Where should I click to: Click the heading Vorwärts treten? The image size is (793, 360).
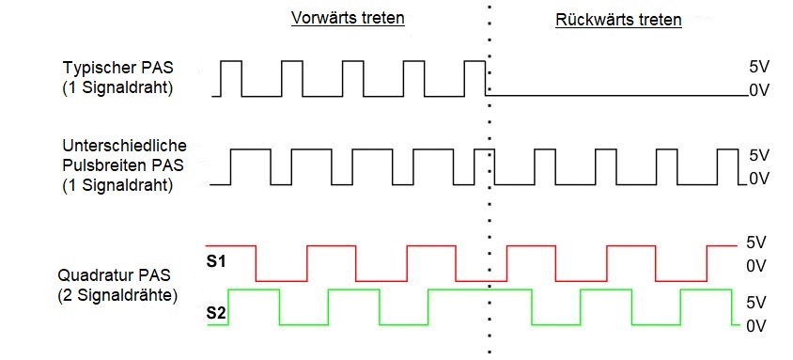(347, 18)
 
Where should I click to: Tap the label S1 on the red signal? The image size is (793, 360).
(216, 259)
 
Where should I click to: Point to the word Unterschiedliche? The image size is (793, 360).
(125, 147)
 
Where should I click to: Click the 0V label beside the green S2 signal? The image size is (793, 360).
(757, 325)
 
